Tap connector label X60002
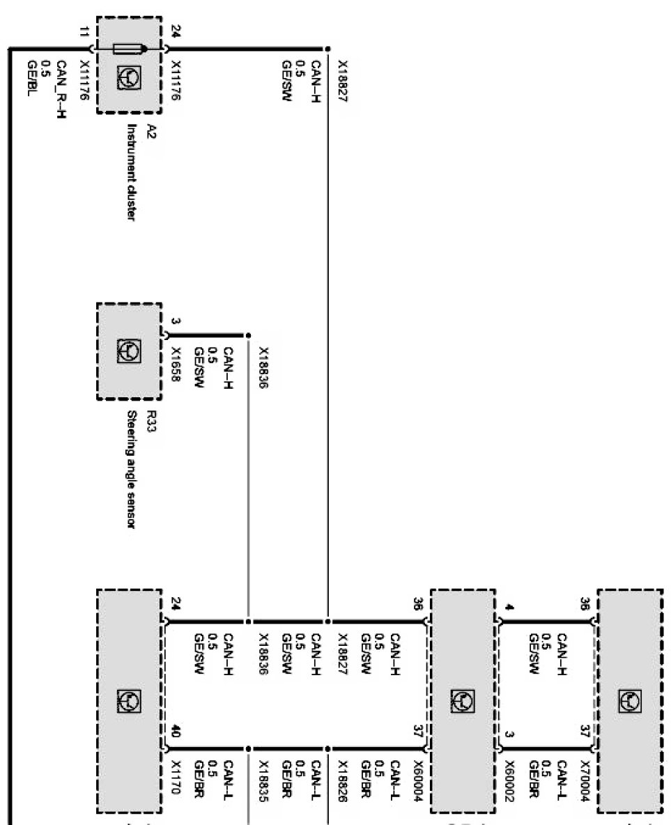point(509,778)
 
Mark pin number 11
point(84,31)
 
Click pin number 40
point(175,732)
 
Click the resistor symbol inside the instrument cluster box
point(129,49)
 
